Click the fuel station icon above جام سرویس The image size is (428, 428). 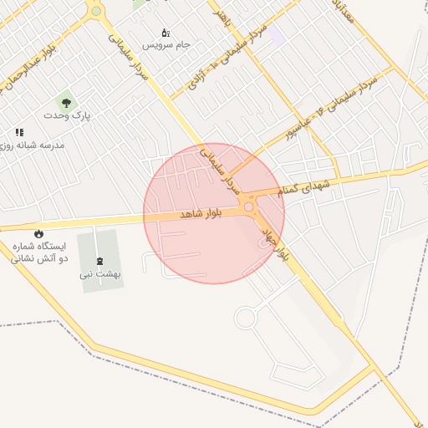click(166, 32)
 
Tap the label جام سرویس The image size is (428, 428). click(166, 43)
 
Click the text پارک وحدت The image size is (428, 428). click(67, 115)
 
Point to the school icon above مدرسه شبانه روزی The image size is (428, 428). click(18, 132)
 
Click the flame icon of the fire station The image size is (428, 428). click(38, 233)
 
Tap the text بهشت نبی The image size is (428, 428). click(101, 273)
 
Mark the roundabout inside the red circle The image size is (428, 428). click(248, 206)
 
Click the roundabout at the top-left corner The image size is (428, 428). click(96, 11)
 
